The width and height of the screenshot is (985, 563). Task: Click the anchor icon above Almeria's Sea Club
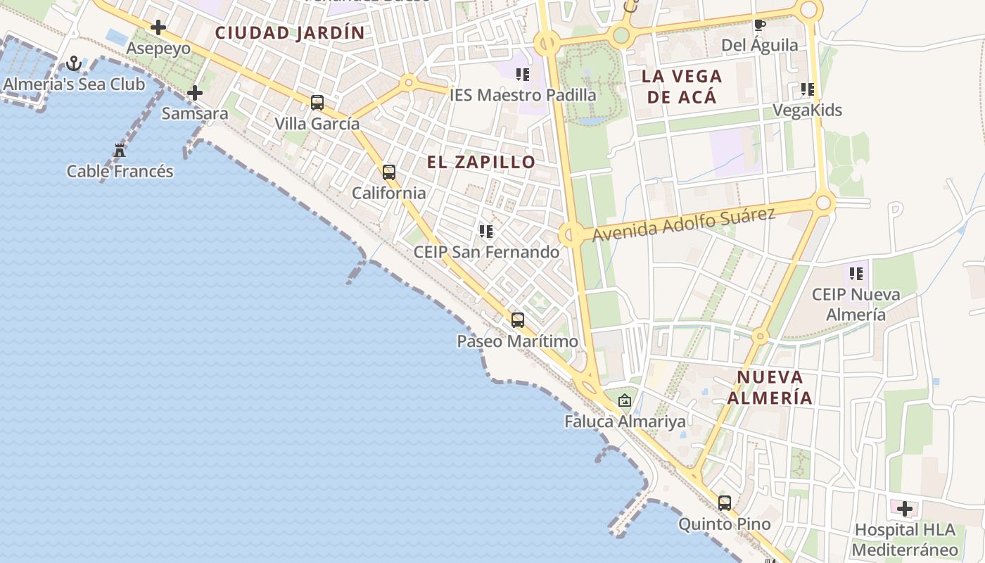pyautogui.click(x=74, y=65)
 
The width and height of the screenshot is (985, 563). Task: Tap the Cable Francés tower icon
pyautogui.click(x=120, y=151)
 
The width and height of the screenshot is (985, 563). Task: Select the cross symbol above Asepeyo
pyautogui.click(x=158, y=28)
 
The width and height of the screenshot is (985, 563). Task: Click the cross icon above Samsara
pyautogui.click(x=195, y=93)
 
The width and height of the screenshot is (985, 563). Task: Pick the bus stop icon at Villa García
pyautogui.click(x=317, y=103)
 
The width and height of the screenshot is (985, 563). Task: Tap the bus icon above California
pyautogui.click(x=389, y=172)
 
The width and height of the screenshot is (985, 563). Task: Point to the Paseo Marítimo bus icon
pyautogui.click(x=518, y=320)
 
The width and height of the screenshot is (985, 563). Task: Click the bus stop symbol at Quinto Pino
pyautogui.click(x=725, y=503)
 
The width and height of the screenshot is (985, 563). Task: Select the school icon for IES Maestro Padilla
pyautogui.click(x=523, y=74)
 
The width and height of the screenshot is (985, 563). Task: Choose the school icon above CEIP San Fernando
pyautogui.click(x=486, y=231)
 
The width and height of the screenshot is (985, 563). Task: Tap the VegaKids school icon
pyautogui.click(x=808, y=89)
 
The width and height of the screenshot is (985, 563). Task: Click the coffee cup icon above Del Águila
pyautogui.click(x=760, y=25)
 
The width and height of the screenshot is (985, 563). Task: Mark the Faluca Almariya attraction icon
pyautogui.click(x=625, y=400)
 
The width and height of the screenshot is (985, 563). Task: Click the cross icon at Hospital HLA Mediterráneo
pyautogui.click(x=905, y=508)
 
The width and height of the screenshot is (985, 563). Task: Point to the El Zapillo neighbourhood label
pyautogui.click(x=481, y=162)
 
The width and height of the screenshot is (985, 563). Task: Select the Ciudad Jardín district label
pyautogui.click(x=290, y=32)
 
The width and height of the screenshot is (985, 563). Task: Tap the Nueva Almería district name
pyautogui.click(x=769, y=387)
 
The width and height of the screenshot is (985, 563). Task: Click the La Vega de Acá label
pyautogui.click(x=682, y=86)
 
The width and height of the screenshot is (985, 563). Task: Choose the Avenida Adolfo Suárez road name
pyautogui.click(x=683, y=224)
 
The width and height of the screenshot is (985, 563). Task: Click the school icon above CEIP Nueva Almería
pyautogui.click(x=856, y=273)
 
